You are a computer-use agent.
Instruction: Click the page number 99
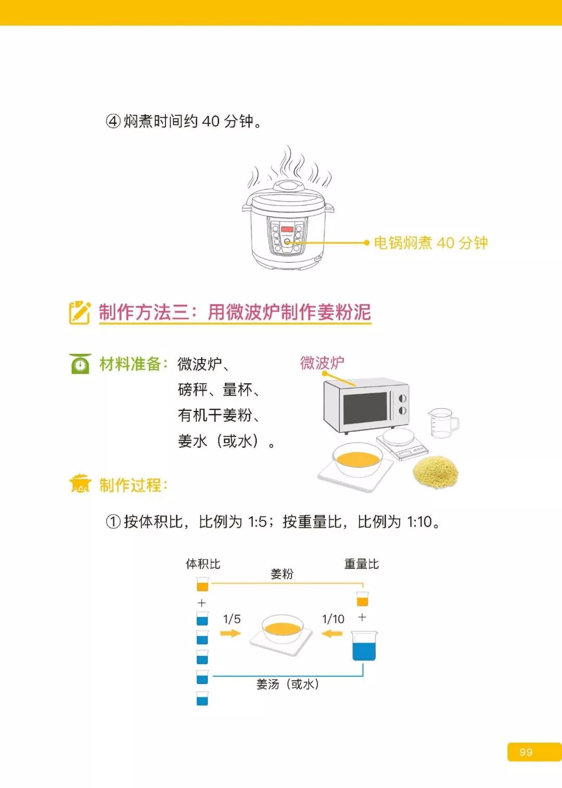point(526,752)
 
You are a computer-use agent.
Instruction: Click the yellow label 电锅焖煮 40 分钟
point(430,243)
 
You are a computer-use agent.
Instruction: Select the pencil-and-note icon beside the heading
point(80,312)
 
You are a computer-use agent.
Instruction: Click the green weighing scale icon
point(80,364)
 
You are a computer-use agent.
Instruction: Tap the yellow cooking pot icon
point(80,484)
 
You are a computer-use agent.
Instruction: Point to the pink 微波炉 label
point(322,363)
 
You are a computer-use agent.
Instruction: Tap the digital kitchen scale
point(402,444)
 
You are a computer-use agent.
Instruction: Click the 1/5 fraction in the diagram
point(232,619)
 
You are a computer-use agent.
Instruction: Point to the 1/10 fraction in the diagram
point(333,619)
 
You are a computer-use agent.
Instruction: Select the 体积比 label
point(203,564)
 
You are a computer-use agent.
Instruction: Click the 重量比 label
point(361,564)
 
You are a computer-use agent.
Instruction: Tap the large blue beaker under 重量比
point(364,647)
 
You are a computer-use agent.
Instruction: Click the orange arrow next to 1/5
point(231,633)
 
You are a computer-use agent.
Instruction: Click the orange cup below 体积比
point(202,585)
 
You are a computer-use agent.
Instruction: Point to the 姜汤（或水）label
point(287,684)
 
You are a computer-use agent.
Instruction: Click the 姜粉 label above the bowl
point(282,574)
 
